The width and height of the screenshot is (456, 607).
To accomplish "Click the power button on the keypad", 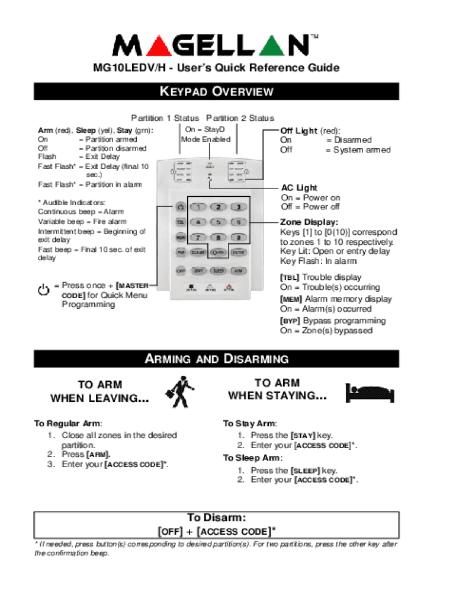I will (181, 206).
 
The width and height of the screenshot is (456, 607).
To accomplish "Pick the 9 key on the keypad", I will (238, 237).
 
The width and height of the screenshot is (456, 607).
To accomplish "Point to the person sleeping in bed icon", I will (368, 391).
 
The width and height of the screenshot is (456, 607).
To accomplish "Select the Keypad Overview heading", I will (217, 91).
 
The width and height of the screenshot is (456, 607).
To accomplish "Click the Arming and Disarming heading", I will (217, 359).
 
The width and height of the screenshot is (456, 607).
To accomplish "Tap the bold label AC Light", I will (299, 188).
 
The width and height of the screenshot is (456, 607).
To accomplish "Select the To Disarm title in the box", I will (216, 517).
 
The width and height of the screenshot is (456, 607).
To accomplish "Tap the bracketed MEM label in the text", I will (291, 299).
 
